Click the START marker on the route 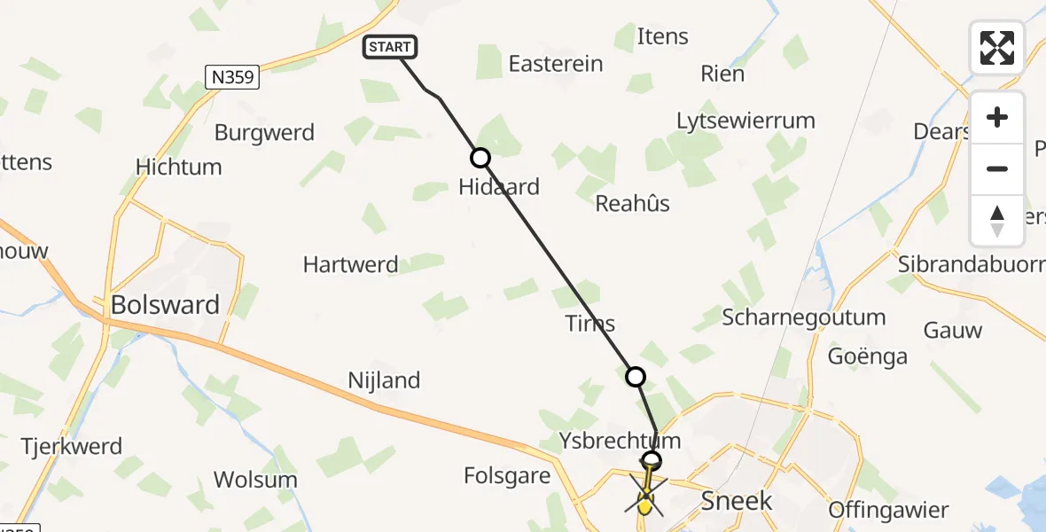click(x=389, y=48)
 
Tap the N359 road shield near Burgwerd click(x=232, y=77)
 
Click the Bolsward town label click(x=165, y=305)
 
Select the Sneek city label click(x=737, y=500)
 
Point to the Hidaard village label click(x=498, y=187)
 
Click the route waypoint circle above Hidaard click(x=480, y=158)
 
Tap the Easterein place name click(x=555, y=64)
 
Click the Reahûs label click(x=632, y=203)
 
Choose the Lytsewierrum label click(x=745, y=121)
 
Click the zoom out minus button click(x=997, y=168)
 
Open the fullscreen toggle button click(x=997, y=48)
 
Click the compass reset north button click(x=997, y=221)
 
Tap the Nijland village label click(x=384, y=380)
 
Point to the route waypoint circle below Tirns click(x=636, y=377)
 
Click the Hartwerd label click(x=350, y=264)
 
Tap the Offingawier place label click(x=888, y=510)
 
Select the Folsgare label click(x=507, y=476)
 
